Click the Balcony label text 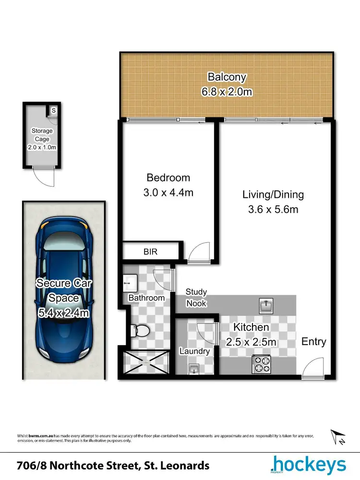click(x=227, y=77)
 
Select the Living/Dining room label click(x=273, y=194)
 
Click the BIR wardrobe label click(x=150, y=252)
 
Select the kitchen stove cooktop click(x=261, y=364)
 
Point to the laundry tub click(x=193, y=369)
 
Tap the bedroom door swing click(x=198, y=253)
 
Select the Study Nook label click(x=196, y=298)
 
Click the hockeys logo click(x=308, y=465)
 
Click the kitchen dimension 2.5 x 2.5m click(x=252, y=342)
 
